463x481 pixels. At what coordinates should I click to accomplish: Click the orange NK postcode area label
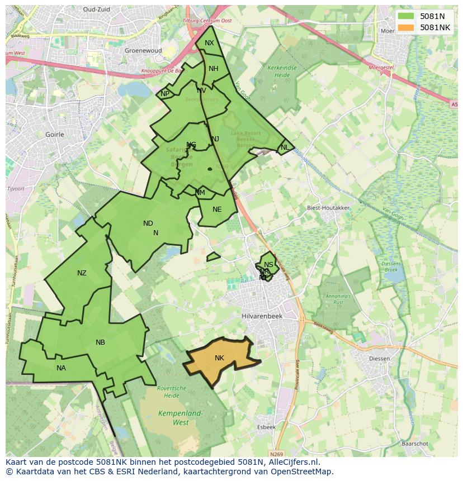[x=219, y=358]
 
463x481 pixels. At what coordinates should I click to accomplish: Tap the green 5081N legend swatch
[x=407, y=16]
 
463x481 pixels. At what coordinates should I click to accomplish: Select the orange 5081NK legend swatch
[x=407, y=27]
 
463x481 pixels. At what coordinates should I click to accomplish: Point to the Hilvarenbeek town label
[x=263, y=316]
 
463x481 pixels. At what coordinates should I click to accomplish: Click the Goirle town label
[x=55, y=135]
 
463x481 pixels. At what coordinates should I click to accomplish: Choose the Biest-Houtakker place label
[x=328, y=208]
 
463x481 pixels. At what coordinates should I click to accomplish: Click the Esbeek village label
[x=266, y=427]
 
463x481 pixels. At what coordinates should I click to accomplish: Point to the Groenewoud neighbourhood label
[x=143, y=50]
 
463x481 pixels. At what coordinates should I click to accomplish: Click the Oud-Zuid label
[x=97, y=9]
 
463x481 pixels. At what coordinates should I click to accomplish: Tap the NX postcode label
[x=209, y=43]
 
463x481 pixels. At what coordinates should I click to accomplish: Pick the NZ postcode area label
[x=82, y=273]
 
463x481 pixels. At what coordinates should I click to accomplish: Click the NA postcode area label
[x=61, y=368]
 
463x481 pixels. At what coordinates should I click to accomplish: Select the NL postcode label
[x=285, y=147]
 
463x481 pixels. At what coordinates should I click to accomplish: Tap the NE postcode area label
[x=217, y=209]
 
